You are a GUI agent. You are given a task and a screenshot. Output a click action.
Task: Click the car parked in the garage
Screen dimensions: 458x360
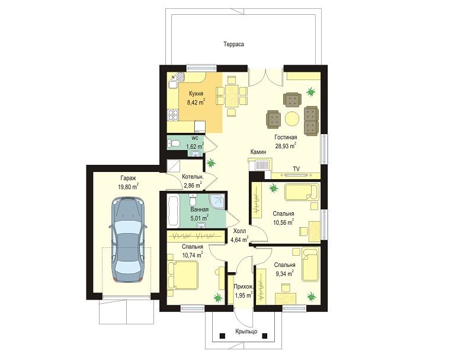click(x=127, y=240)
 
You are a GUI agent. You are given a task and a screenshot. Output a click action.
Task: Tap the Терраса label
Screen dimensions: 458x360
click(x=233, y=44)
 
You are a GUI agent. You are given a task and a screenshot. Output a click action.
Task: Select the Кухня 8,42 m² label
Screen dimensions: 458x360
click(x=196, y=98)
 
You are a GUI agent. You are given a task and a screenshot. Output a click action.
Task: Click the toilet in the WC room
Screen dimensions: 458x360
click(x=174, y=144)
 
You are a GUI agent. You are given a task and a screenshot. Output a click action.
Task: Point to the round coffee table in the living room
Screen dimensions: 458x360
click(x=292, y=119)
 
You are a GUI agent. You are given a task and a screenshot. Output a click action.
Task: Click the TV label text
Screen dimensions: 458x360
click(x=296, y=169)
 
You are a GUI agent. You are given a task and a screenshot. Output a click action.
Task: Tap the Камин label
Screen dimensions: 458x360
click(x=258, y=152)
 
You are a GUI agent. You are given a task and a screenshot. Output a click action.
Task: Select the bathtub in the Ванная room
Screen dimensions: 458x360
click(x=173, y=211)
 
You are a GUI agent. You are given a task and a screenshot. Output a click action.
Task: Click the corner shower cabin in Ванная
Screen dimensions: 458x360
click(x=217, y=202)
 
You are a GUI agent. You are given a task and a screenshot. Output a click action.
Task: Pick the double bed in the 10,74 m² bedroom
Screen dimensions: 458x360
click(x=183, y=275)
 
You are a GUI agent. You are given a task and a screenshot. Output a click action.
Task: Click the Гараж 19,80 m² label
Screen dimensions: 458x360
click(x=128, y=182)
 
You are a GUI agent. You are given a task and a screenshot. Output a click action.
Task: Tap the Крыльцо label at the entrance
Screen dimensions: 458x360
click(x=246, y=332)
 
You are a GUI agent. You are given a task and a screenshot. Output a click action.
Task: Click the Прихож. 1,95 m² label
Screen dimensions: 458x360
click(x=244, y=291)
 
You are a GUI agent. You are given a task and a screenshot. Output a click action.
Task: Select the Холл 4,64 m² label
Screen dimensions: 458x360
click(x=239, y=235)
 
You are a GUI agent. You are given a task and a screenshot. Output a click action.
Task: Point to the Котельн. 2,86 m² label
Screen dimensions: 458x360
click(x=193, y=181)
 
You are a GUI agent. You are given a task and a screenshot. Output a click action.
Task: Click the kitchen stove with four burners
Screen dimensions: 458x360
click(x=172, y=114)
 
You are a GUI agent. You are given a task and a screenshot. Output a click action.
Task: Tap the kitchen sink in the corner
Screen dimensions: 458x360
click(x=178, y=77)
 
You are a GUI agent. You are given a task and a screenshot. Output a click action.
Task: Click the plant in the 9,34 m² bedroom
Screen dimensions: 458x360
click(x=312, y=297)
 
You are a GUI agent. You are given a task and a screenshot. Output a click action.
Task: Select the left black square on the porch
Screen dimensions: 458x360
click(x=222, y=336)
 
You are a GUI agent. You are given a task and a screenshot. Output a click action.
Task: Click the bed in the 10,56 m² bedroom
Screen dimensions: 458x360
click(x=301, y=192)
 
